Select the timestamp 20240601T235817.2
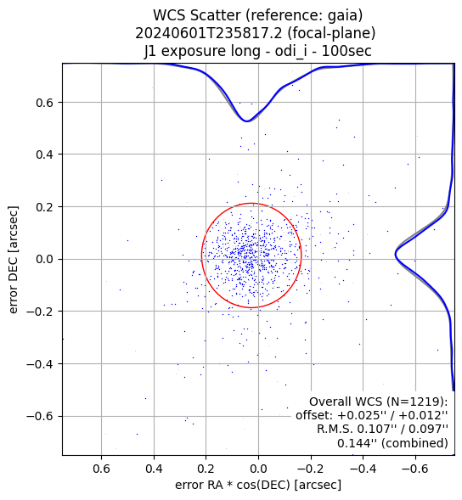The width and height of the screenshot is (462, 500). pos(209,33)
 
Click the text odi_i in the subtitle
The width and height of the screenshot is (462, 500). pos(286,51)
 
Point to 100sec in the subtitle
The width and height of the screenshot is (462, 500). pos(346,51)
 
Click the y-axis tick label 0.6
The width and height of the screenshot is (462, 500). pos(44,103)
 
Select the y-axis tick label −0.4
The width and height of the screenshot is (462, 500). pos(40,364)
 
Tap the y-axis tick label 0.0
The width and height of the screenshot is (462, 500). pos(44,259)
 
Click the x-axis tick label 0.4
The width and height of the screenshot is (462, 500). pos(154,469)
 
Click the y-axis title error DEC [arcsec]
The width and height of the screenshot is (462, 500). pos(14,259)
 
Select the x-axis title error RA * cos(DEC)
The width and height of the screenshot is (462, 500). pos(234,485)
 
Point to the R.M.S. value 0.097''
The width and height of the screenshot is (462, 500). pos(429,429)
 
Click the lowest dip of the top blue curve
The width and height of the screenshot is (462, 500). pos(246,121)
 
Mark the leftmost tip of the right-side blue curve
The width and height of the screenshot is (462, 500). pos(395,255)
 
